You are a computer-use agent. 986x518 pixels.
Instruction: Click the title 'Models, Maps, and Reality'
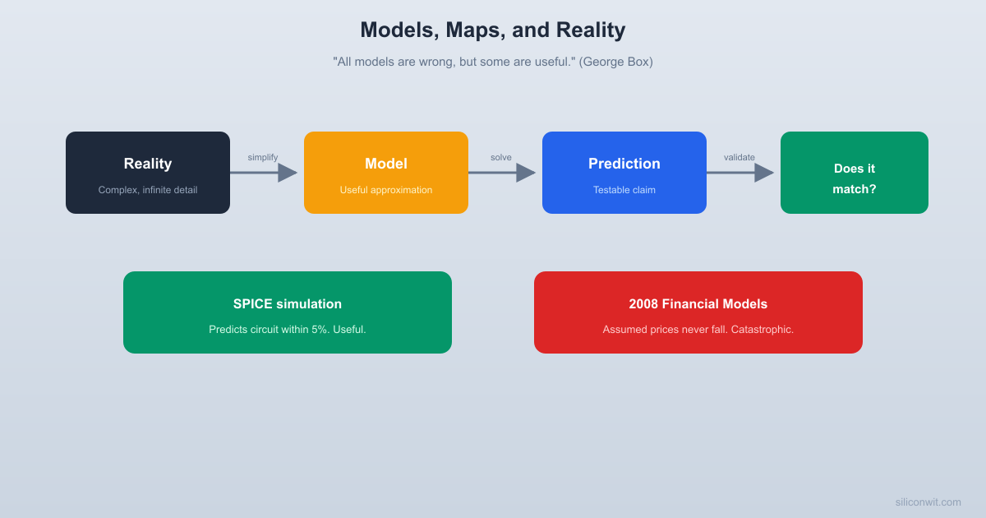pos(492,30)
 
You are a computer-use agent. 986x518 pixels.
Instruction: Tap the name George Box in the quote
pos(615,62)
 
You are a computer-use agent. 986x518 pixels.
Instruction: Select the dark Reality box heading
pos(148,164)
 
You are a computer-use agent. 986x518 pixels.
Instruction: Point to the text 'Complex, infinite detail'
pos(148,190)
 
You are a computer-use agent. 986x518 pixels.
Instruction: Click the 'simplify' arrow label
pos(263,157)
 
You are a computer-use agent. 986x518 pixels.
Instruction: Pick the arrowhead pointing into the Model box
pos(288,173)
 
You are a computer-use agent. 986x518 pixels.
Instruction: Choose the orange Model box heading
pos(386,164)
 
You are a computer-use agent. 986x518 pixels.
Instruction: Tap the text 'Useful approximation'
pos(386,190)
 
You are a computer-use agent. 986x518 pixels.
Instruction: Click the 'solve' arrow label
pos(501,157)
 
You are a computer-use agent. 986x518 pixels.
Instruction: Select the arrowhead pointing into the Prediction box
pos(526,173)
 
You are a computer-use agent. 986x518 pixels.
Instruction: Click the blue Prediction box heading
pos(624,164)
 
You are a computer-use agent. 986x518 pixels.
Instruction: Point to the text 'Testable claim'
pos(624,190)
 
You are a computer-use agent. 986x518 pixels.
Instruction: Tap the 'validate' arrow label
pos(739,157)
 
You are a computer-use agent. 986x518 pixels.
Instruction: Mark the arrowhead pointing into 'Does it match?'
pos(764,173)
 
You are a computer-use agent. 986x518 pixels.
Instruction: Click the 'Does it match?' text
pos(855,178)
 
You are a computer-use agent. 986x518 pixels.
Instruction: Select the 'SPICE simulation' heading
pos(288,304)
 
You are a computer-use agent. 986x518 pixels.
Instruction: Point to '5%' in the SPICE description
pos(320,330)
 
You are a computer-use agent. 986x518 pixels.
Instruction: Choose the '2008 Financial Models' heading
pos(698,304)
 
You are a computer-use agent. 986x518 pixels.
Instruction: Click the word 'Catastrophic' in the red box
pos(758,330)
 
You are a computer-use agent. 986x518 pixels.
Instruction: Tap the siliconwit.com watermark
pos(928,502)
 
